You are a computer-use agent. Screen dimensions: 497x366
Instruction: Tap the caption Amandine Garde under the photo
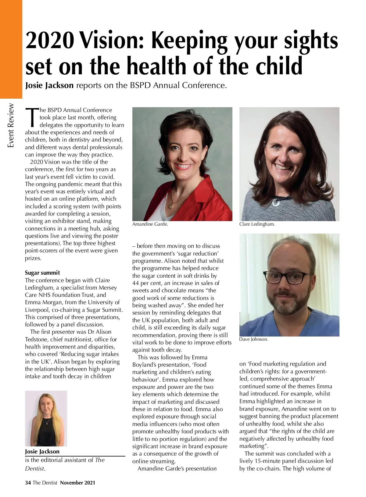[150, 224]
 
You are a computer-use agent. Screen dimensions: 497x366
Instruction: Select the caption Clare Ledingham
[257, 224]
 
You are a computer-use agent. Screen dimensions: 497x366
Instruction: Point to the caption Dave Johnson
[253, 339]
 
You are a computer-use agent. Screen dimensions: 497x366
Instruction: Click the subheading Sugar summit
[42, 273]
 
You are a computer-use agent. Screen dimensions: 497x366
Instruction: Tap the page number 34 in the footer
[28, 483]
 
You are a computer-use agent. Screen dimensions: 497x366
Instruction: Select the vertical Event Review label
[11, 125]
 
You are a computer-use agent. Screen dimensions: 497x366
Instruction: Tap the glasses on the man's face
[288, 277]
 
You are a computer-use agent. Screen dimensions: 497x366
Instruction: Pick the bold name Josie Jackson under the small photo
[42, 451]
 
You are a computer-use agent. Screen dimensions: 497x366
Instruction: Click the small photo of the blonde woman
[46, 418]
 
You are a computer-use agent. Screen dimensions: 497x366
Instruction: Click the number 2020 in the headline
[50, 40]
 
